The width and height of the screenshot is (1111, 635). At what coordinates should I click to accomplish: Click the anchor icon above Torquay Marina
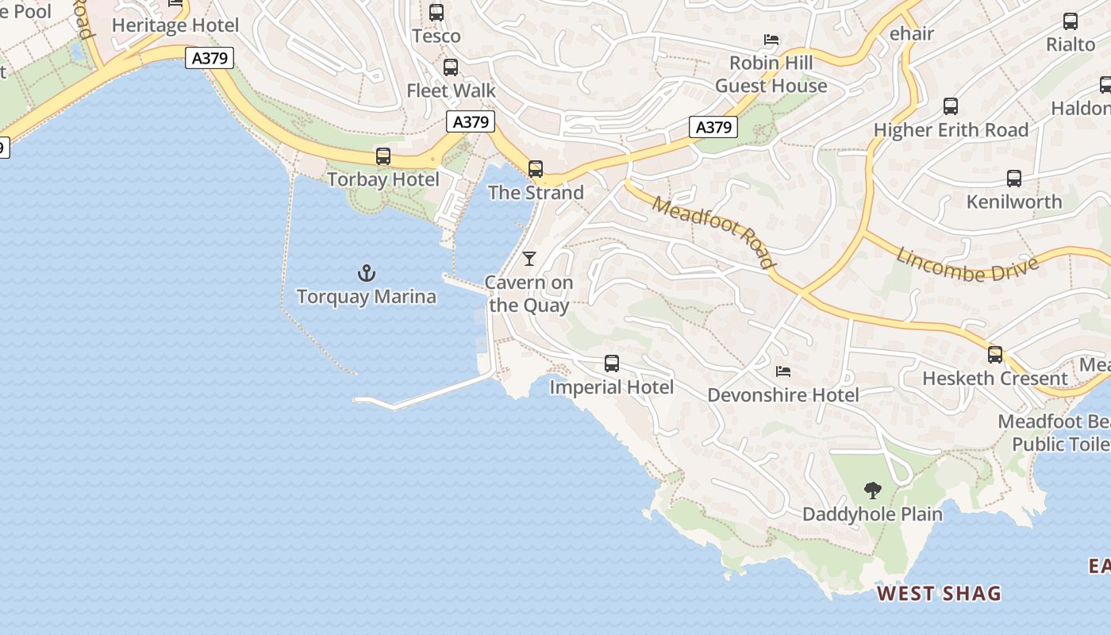(x=366, y=274)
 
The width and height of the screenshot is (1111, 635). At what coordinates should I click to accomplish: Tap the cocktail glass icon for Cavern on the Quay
(x=529, y=259)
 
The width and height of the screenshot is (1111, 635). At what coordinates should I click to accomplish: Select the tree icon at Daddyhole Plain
(x=872, y=491)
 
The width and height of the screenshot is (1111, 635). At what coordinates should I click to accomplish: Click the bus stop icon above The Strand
(x=536, y=169)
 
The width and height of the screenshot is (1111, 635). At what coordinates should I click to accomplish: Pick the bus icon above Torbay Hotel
(x=383, y=156)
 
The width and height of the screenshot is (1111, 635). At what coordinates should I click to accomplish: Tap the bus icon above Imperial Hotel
(x=612, y=364)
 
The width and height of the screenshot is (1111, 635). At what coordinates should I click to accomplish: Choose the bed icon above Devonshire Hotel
(x=783, y=371)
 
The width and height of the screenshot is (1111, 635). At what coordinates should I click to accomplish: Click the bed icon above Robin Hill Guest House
(x=771, y=40)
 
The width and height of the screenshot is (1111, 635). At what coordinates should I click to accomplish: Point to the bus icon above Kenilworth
(x=1014, y=179)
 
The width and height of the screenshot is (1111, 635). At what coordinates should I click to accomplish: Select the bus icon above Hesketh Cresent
(x=995, y=355)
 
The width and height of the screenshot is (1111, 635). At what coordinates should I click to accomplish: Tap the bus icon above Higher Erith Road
(x=951, y=106)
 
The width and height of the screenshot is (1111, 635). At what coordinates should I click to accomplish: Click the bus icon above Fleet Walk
(x=451, y=67)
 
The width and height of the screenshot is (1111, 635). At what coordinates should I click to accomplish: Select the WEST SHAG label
(x=939, y=593)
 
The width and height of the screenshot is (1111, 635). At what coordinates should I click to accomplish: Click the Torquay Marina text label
(x=367, y=297)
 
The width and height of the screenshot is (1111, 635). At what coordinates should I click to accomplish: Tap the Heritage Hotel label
(x=175, y=25)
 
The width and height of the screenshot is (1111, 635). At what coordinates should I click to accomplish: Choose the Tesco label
(x=436, y=36)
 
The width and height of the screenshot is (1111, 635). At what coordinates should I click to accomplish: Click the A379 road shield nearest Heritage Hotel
(x=210, y=58)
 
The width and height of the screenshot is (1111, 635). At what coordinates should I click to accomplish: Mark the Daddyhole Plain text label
(x=872, y=514)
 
